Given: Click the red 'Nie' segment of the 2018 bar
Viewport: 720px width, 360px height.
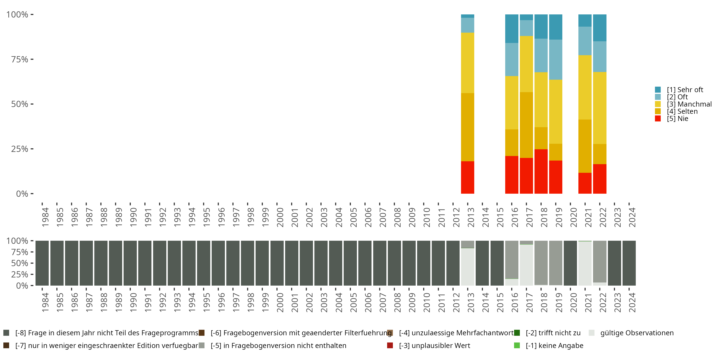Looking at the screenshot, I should tap(541, 171).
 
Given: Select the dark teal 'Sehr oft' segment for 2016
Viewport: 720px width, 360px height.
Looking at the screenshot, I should tap(511, 29).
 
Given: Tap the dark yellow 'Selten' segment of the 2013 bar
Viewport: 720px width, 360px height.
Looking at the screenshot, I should tap(467, 127).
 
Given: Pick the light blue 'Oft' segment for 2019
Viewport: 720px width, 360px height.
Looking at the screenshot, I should tap(555, 60).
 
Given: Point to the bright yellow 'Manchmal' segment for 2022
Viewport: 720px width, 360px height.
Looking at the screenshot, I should tap(600, 108).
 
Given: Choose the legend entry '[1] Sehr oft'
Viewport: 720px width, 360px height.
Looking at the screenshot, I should tap(685, 90).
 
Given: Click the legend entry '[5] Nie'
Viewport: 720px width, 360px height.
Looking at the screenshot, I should tap(678, 119).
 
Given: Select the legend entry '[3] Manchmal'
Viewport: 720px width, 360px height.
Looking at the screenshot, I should tap(689, 104).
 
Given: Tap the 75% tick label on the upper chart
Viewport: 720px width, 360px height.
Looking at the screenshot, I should tap(20, 59).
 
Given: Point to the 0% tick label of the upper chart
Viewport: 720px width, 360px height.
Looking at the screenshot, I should tap(22, 194).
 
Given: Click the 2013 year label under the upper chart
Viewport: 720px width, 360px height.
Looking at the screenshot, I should tap(471, 217).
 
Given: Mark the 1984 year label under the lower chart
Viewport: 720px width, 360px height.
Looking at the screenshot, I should tap(45, 302).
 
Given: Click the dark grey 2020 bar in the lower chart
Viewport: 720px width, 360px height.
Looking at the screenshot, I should tap(570, 263).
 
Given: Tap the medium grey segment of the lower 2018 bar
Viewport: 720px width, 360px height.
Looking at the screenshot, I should tap(541, 263).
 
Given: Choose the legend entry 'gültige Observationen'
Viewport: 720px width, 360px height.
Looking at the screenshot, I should tap(637, 333).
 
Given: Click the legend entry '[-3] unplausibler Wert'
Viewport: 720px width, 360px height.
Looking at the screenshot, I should tap(434, 345).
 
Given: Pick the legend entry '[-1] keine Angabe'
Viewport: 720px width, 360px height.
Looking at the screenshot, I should tap(554, 345).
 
